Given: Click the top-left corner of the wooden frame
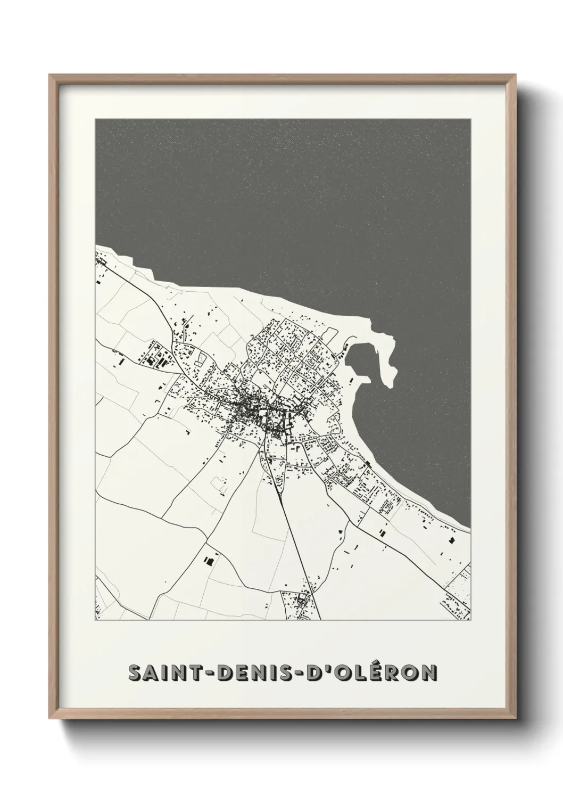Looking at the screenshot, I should click(x=49, y=75).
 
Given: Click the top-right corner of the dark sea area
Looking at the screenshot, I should click(x=470, y=120).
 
